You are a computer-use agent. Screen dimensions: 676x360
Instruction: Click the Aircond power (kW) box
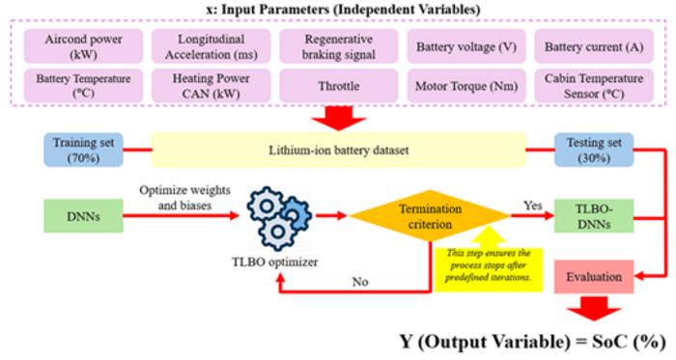(x=83, y=46)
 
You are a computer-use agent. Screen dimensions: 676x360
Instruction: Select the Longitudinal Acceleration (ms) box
(x=211, y=46)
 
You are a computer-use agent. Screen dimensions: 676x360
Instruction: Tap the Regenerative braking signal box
(x=339, y=46)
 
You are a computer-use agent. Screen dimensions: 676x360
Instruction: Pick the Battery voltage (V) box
(x=466, y=46)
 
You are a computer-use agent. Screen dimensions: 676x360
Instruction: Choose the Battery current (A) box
(x=594, y=46)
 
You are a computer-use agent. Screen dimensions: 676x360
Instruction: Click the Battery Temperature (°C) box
(x=83, y=86)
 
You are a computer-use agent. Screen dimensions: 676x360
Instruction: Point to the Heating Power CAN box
(x=211, y=86)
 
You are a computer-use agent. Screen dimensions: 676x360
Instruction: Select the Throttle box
(x=339, y=86)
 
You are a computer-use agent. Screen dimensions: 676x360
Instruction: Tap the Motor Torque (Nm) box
(x=466, y=86)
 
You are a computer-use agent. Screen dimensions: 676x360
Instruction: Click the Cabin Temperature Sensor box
(x=594, y=86)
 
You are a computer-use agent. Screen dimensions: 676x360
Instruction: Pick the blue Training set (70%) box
(x=84, y=150)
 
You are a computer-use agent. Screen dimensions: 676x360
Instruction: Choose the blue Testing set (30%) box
(x=594, y=150)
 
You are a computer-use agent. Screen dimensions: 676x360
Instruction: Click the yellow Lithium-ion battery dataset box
(x=338, y=150)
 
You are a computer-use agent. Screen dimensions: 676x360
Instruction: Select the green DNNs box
(x=84, y=216)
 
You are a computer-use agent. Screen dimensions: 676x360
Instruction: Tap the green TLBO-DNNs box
(x=594, y=216)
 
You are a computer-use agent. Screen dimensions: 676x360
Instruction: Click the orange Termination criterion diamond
(x=430, y=216)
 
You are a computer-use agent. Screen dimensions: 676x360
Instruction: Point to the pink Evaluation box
(x=594, y=276)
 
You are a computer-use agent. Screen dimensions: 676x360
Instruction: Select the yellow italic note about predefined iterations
(x=489, y=265)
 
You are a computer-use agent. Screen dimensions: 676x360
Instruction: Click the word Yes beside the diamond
(x=533, y=206)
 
